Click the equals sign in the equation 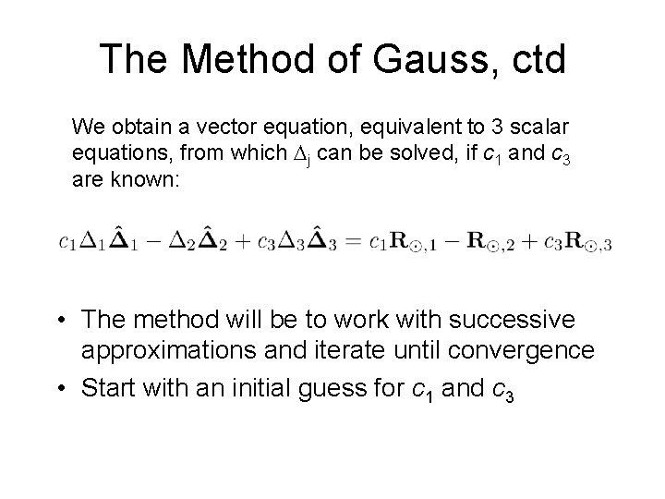click(353, 242)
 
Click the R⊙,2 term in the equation click(487, 243)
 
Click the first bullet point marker click(61, 321)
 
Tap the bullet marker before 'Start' click(61, 389)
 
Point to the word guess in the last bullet click(353, 388)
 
